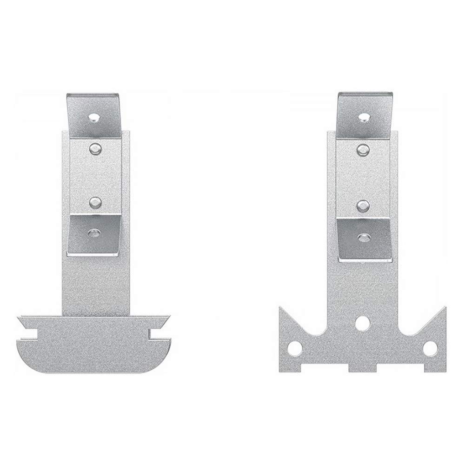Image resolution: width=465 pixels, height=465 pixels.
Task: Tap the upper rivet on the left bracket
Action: [x=95, y=148]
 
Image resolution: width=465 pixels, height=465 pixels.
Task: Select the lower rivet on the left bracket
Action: [x=95, y=202]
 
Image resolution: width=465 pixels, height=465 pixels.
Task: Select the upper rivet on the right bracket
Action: [x=363, y=149]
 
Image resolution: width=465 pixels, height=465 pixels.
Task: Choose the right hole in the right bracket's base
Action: [x=431, y=347]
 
